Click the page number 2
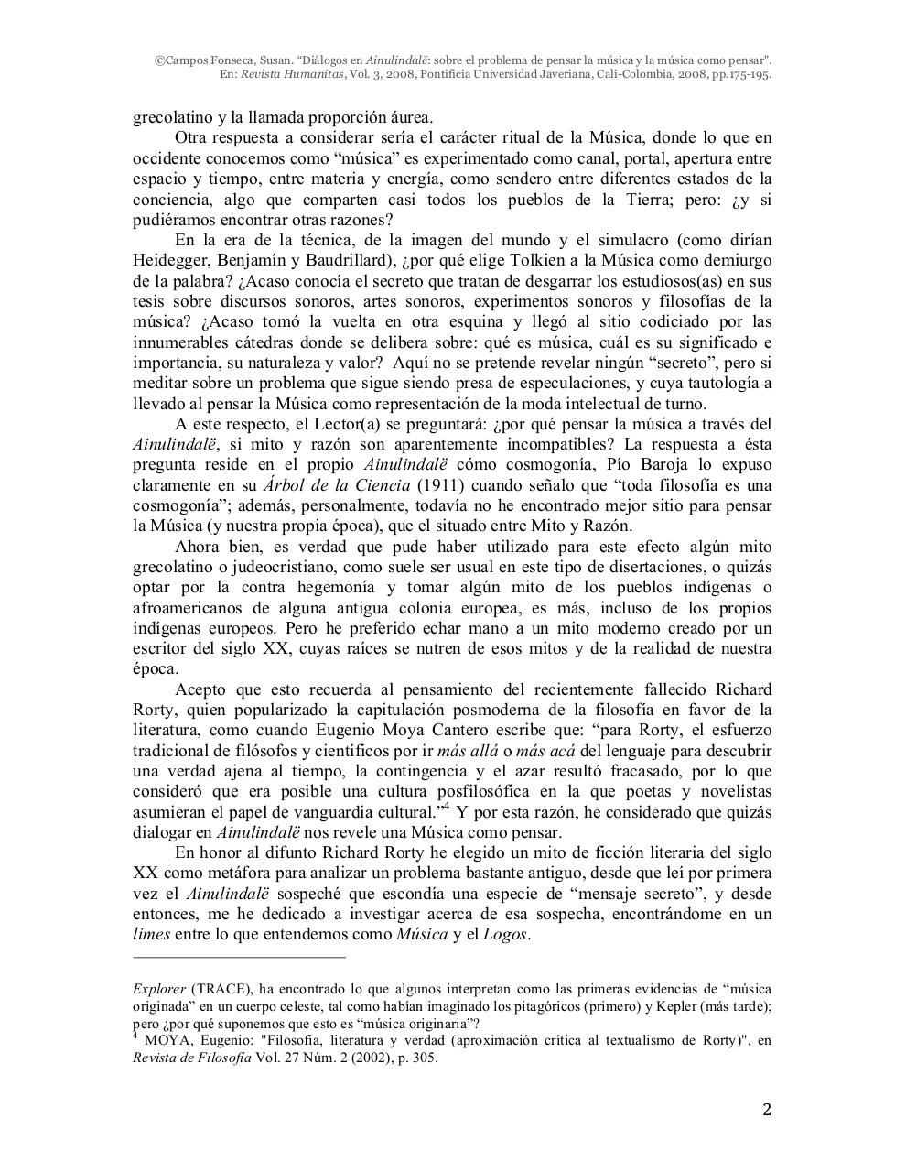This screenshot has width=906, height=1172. point(767,1111)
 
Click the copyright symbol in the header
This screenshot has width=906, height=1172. point(159,60)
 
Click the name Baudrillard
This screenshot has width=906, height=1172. point(346,261)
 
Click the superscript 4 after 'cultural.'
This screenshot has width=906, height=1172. point(445,807)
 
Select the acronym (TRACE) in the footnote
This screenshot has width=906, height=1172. point(220,989)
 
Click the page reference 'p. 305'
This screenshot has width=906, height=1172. point(417,1058)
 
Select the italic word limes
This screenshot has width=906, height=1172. point(151,935)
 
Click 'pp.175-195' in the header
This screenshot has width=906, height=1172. point(739,74)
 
